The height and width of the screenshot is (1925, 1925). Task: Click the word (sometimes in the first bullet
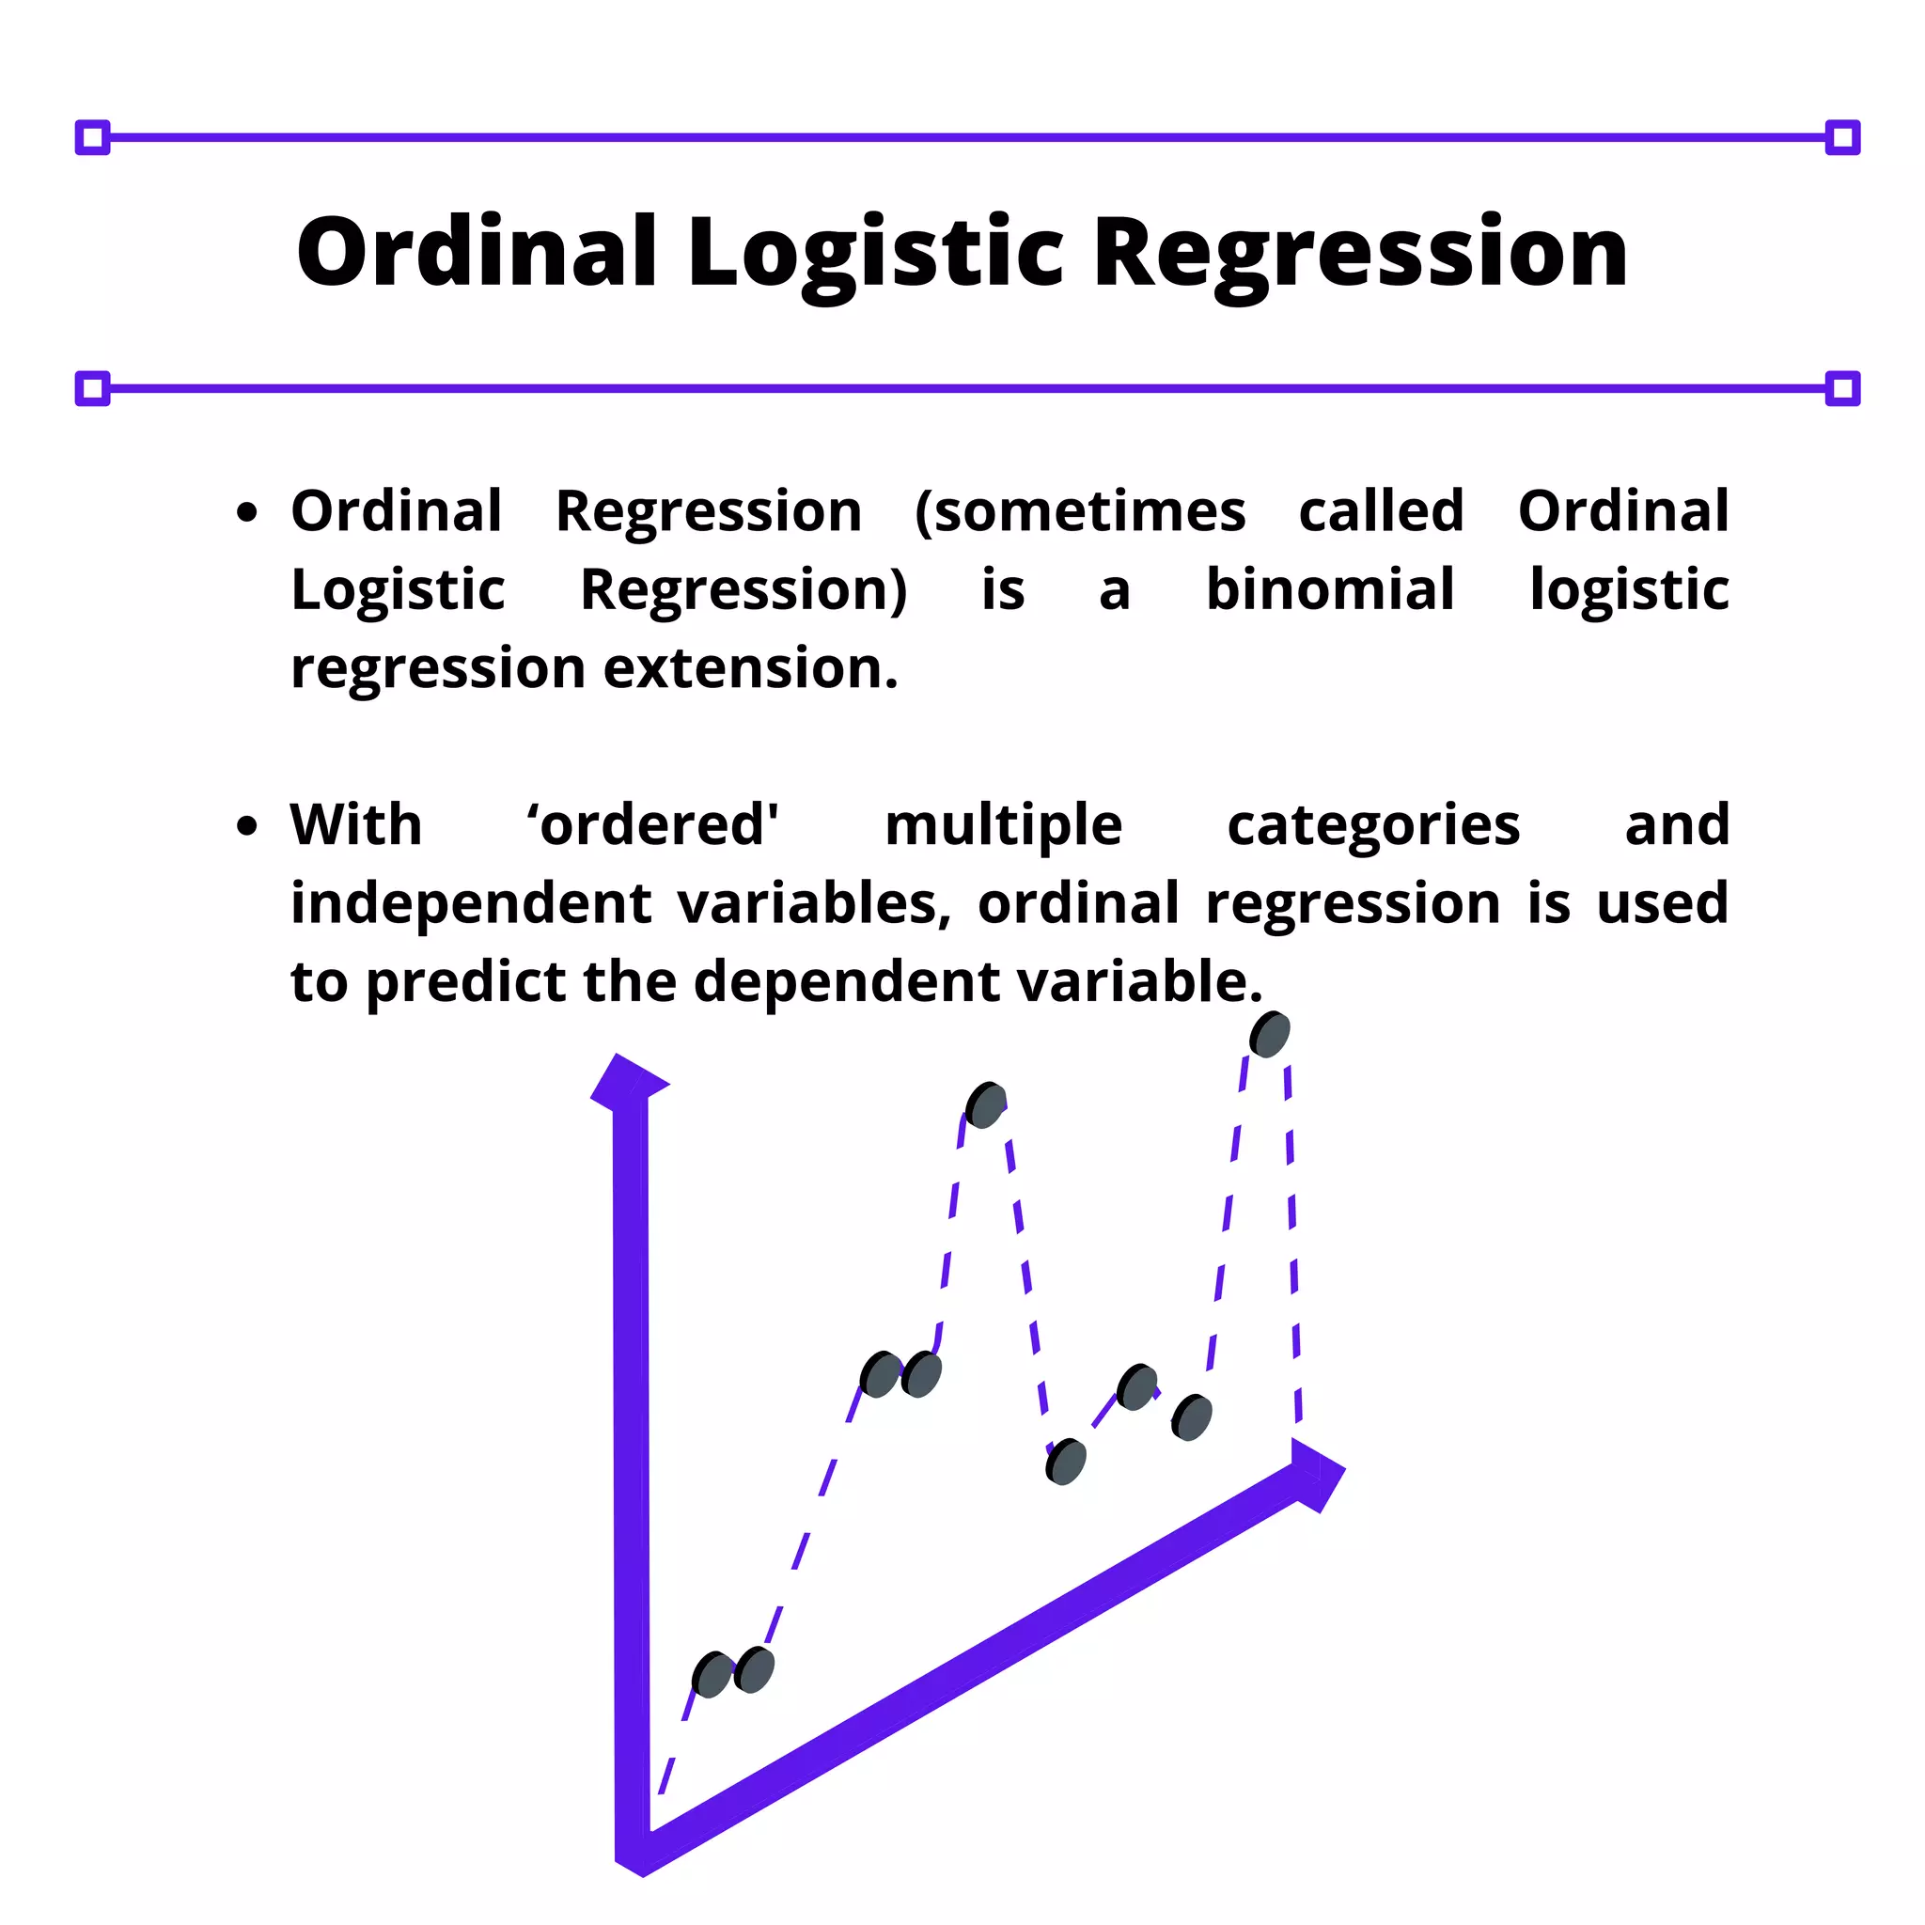[x=1080, y=511]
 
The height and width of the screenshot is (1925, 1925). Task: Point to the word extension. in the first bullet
[x=751, y=667]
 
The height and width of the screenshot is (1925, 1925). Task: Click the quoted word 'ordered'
[x=652, y=825]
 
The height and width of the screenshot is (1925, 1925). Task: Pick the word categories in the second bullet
[x=1373, y=825]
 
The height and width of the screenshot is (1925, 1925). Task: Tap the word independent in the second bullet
[x=470, y=902]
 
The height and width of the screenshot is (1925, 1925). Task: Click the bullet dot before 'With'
[x=247, y=826]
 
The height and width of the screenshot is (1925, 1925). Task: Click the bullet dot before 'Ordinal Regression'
[x=247, y=513]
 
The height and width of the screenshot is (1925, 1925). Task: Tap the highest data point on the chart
[x=1269, y=1034]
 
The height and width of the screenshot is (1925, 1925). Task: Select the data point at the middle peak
[x=985, y=1105]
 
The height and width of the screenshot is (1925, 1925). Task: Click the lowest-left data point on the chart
[x=712, y=1675]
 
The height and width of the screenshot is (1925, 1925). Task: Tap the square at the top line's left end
[x=93, y=137]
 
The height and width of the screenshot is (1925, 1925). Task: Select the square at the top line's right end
[x=1842, y=137]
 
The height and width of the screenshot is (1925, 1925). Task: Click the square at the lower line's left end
[x=93, y=388]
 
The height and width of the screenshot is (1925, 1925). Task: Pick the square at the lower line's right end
[x=1842, y=388]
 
